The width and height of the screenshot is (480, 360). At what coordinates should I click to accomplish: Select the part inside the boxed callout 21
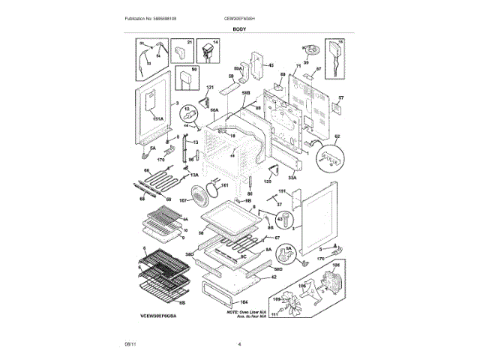click(x=180, y=53)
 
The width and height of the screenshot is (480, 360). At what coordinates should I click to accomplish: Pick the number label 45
click(x=271, y=66)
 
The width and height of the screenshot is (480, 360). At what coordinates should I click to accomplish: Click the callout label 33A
click(x=292, y=178)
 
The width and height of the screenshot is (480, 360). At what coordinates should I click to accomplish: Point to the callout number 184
click(x=242, y=301)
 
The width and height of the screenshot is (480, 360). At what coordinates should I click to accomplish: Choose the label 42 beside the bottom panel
click(x=274, y=277)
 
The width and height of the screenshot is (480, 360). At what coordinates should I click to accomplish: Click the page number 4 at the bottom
click(x=239, y=344)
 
